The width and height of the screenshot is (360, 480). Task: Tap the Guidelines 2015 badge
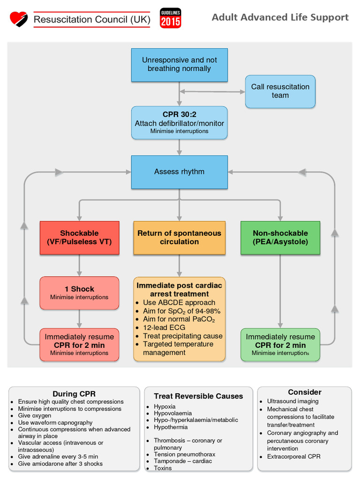170,18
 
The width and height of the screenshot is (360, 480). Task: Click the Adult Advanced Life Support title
280,17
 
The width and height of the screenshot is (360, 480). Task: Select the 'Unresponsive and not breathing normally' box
179,65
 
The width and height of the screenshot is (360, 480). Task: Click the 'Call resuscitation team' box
280,91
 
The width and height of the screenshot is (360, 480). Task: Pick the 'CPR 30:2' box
179,123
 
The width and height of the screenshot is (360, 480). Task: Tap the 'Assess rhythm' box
179,172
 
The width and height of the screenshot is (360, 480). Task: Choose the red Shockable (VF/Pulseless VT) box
79,238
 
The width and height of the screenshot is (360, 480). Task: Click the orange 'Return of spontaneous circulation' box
179,238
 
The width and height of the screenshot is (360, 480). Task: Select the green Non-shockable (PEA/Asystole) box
280,238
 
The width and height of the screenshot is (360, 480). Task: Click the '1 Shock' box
79,293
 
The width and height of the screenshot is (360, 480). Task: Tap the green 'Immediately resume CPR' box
280,345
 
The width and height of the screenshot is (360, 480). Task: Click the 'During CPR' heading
74,394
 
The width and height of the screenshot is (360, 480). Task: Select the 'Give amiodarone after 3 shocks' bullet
60,464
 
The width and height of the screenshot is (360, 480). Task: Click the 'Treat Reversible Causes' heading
198,396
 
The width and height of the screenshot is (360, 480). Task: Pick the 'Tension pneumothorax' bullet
184,454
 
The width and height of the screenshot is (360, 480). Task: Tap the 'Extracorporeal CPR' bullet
293,456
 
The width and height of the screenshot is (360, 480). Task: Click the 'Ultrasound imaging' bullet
292,401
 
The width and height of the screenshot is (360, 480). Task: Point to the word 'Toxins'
163,468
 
